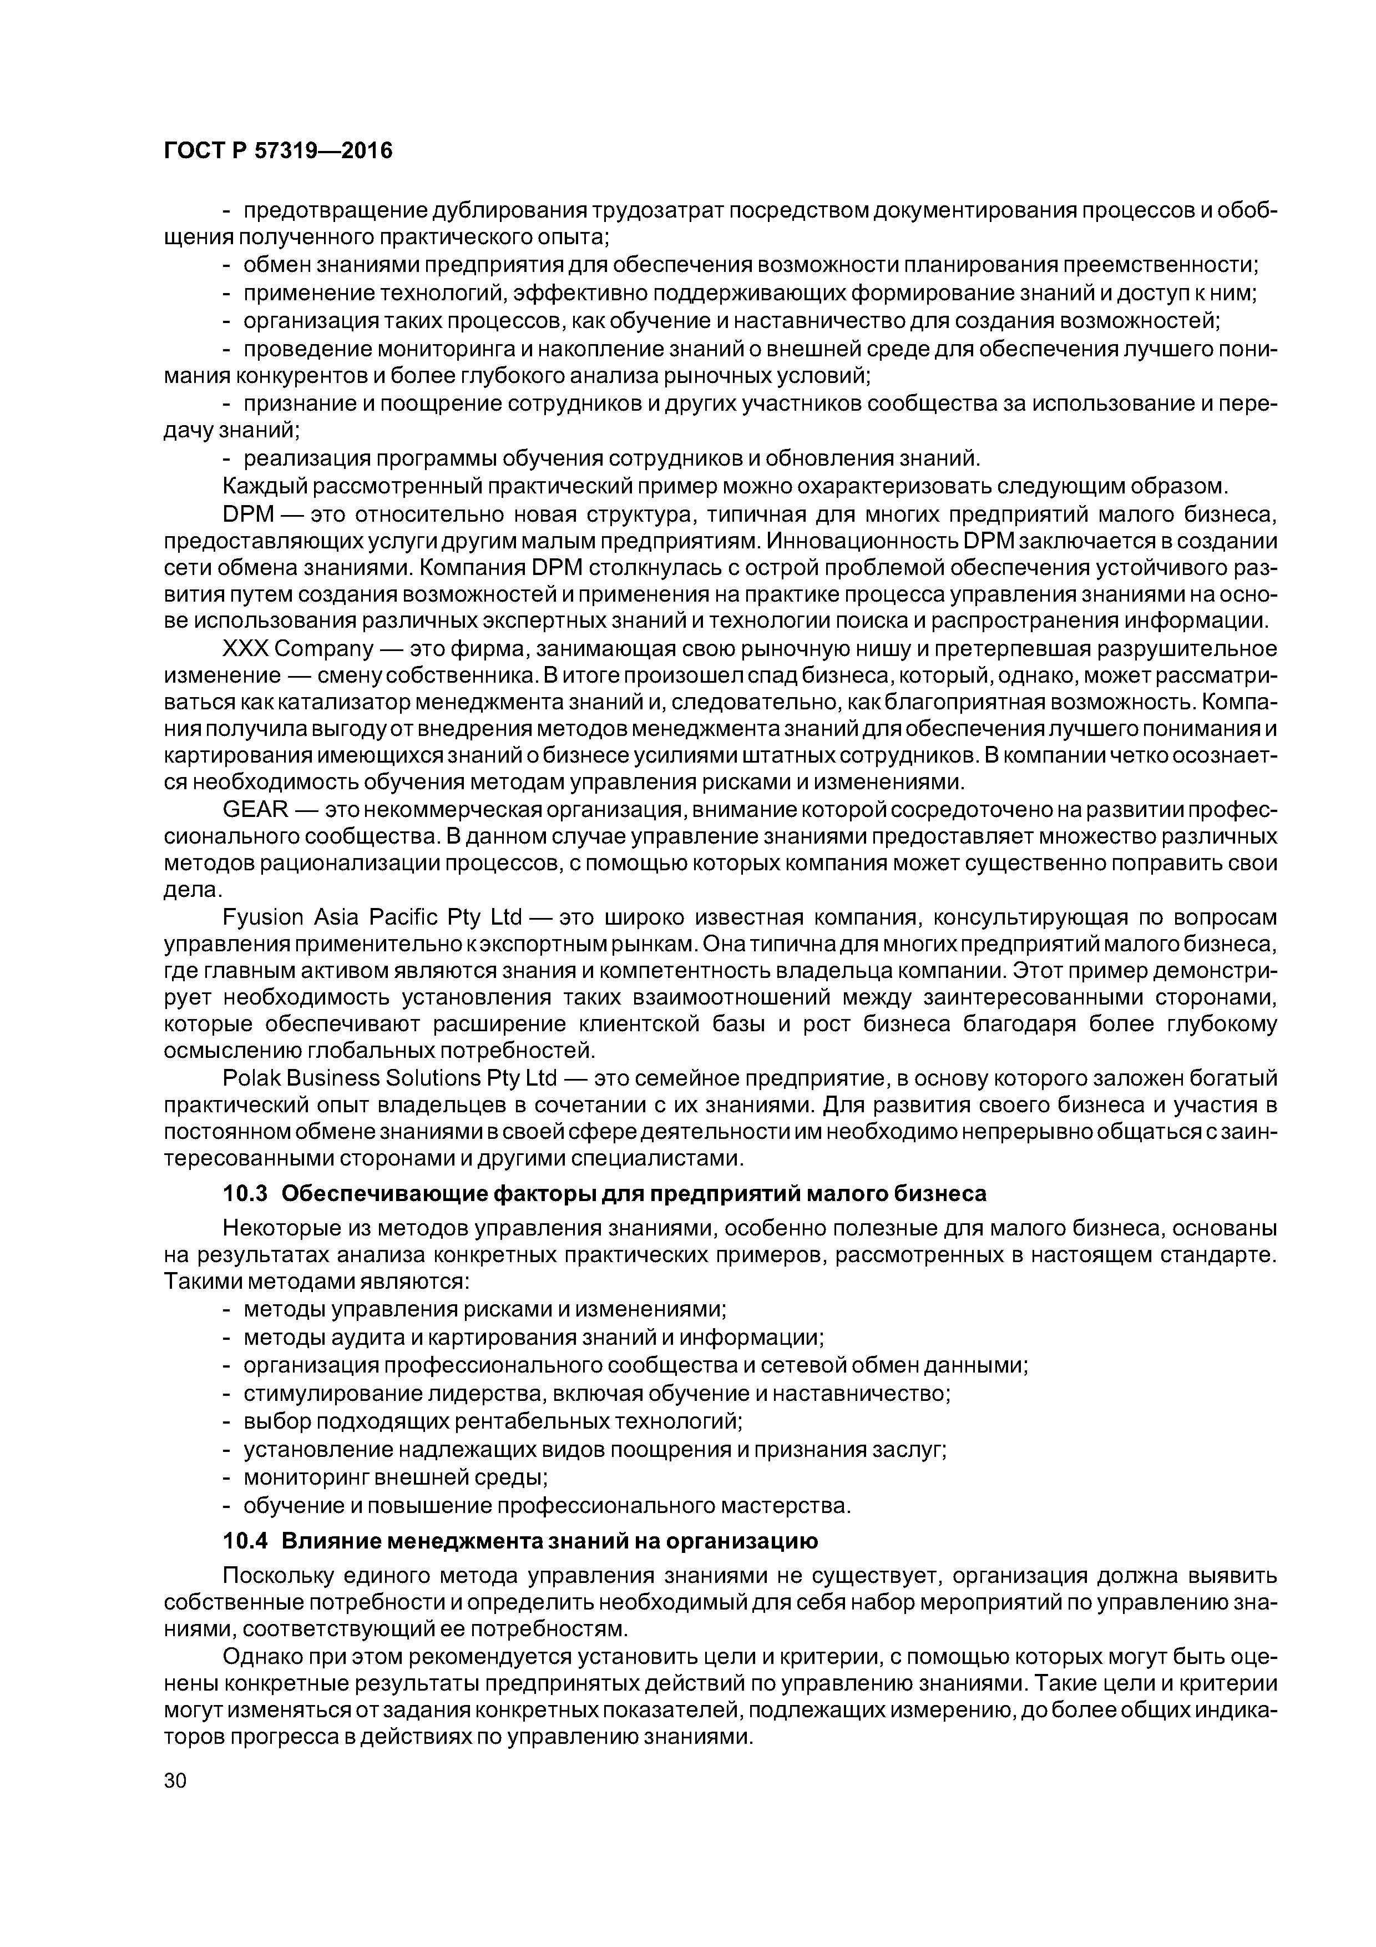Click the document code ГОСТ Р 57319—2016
point(278,152)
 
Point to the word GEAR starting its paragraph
point(256,811)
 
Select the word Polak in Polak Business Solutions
point(247,1078)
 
